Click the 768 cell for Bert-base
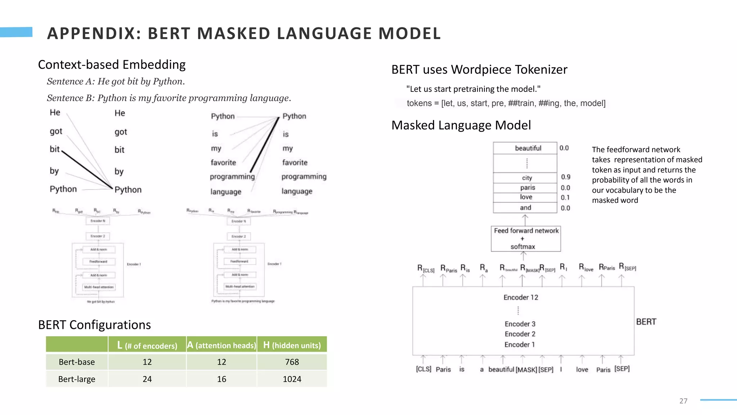coord(292,362)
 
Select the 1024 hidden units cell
coord(292,379)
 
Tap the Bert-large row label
coord(77,379)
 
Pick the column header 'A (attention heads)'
coord(222,345)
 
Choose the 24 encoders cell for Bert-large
coord(147,379)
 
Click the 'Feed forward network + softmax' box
coord(526,238)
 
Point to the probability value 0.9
coord(565,177)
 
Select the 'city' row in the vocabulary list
coord(527,178)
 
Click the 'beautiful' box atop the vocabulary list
coord(528,148)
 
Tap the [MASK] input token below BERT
coord(526,370)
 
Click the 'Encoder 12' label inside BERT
coord(521,297)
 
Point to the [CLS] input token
coord(424,369)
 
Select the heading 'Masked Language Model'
coord(461,125)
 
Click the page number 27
coord(683,401)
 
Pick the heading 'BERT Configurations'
coord(94,325)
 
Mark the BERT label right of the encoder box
coord(646,322)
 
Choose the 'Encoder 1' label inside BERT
coord(519,344)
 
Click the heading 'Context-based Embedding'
coord(112,64)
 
